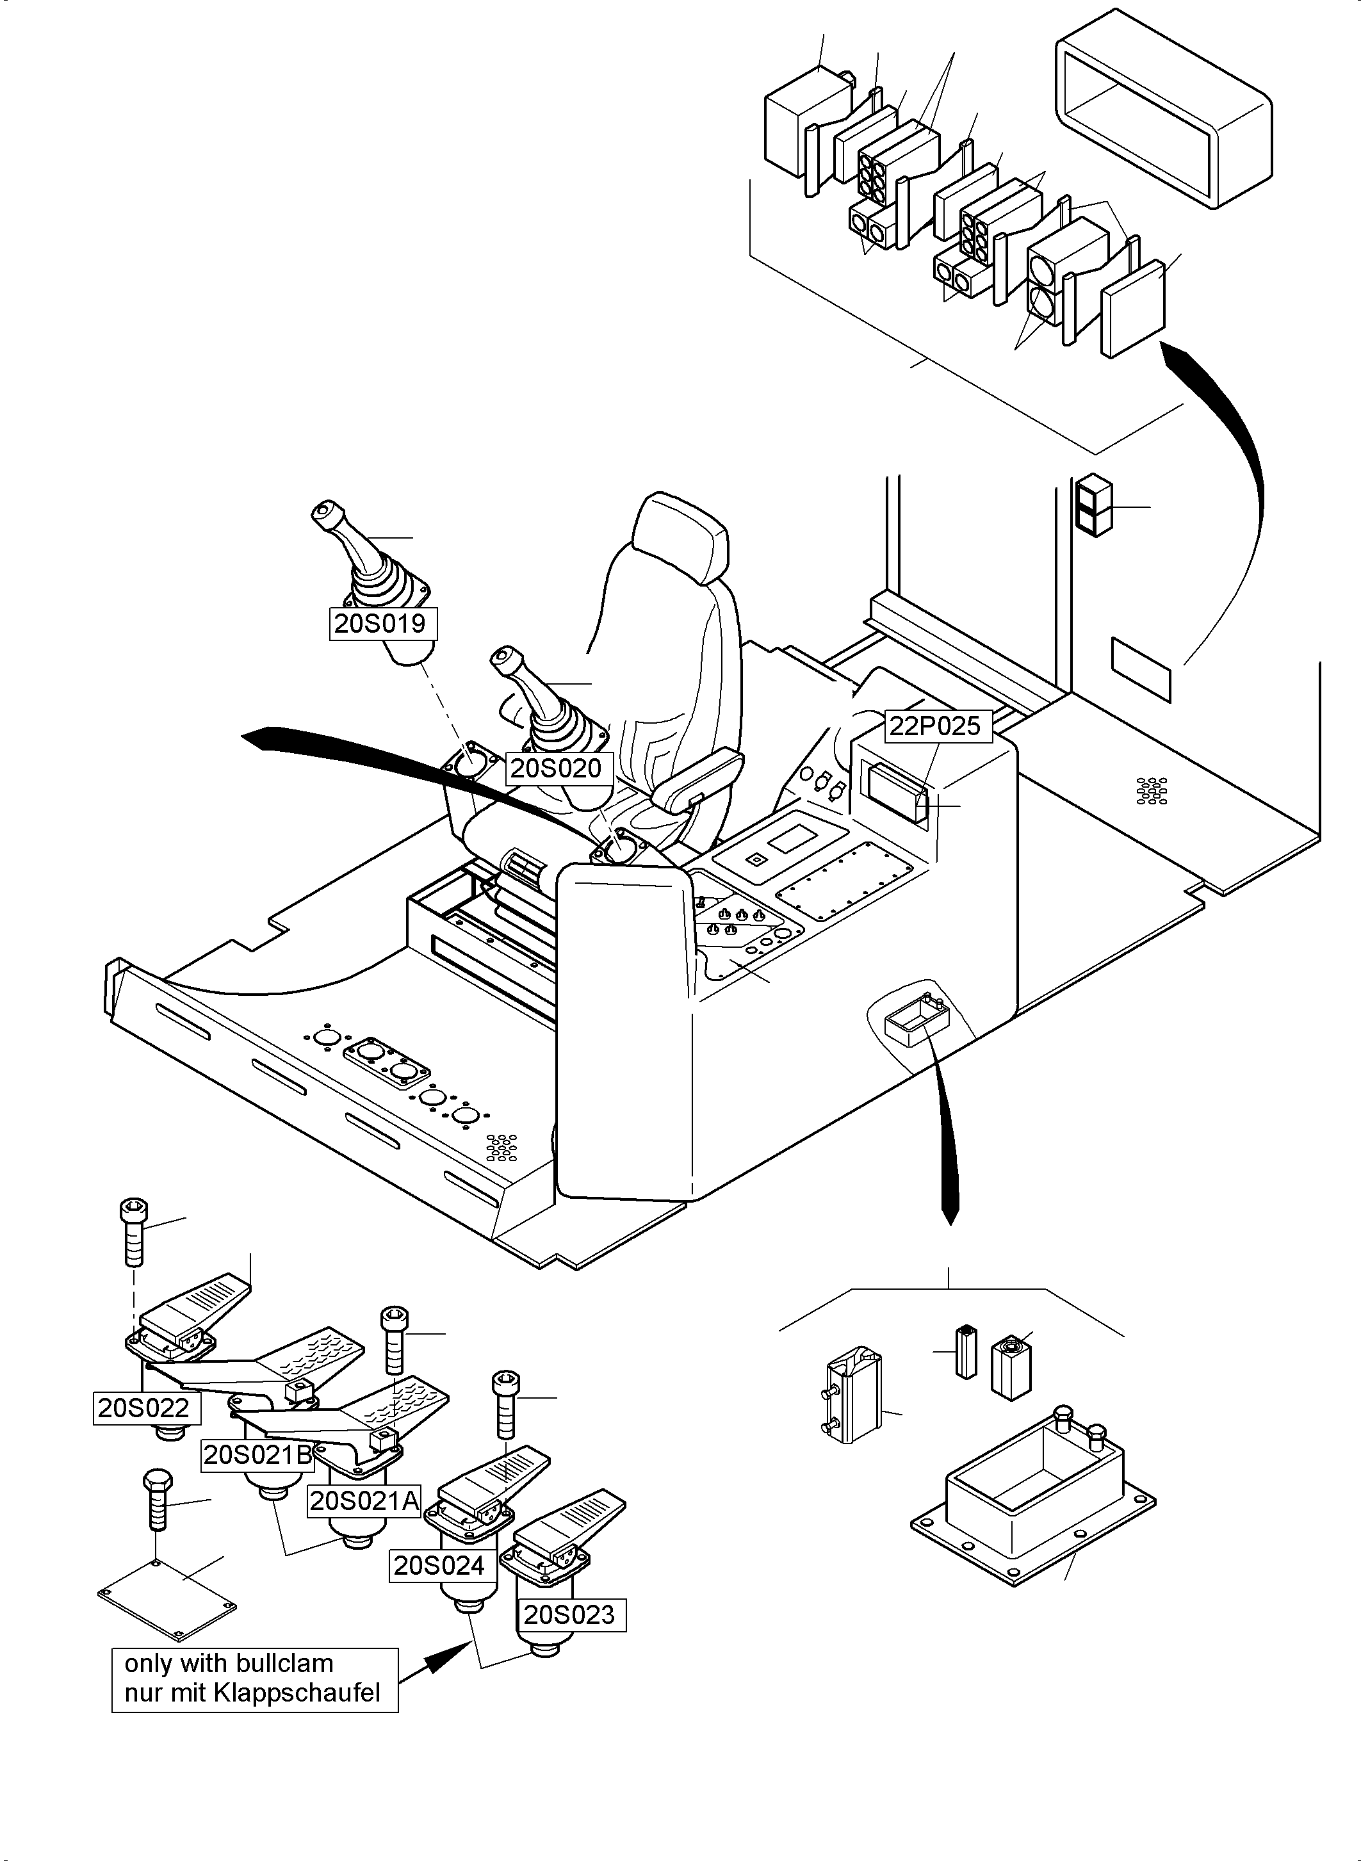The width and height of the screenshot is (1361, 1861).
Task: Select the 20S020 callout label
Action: coord(556,768)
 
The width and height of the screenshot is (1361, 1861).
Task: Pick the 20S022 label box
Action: coord(144,1408)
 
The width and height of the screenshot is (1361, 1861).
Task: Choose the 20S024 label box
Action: coord(439,1565)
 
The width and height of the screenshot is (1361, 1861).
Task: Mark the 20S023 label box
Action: coord(569,1614)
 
